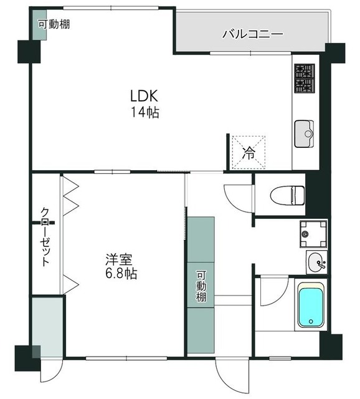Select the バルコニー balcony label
pos(253,34)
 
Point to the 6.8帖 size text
pos(121,274)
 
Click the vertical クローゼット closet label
pos(45,237)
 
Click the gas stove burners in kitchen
pos(305,77)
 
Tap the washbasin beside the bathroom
pos(316,262)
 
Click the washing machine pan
pos(313,234)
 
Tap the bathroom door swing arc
pos(272,290)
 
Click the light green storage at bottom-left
pos(48,327)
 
